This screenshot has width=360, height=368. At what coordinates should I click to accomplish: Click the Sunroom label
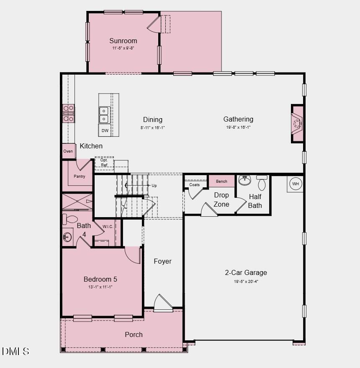click(x=123, y=41)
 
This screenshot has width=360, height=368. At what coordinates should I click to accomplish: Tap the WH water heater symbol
click(x=296, y=184)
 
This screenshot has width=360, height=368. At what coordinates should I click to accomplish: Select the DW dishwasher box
click(x=105, y=130)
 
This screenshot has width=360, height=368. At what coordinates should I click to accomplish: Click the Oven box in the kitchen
click(x=68, y=151)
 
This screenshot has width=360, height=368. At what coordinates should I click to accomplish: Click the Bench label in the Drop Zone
click(x=221, y=181)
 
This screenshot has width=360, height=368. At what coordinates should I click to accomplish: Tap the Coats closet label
click(x=195, y=185)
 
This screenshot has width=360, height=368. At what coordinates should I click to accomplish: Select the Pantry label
click(x=80, y=176)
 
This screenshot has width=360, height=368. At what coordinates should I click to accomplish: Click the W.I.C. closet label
click(x=108, y=227)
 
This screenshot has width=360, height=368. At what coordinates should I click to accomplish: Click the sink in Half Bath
click(x=245, y=181)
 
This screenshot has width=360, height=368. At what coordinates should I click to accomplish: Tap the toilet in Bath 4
click(x=70, y=219)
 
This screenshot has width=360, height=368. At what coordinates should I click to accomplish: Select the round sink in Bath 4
click(x=67, y=238)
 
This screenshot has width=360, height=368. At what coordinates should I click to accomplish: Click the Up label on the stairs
click(x=154, y=185)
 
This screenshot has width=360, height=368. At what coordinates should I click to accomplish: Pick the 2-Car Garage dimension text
click(x=246, y=282)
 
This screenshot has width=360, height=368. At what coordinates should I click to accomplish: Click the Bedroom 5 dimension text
click(x=100, y=287)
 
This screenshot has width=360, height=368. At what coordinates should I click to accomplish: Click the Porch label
click(x=134, y=334)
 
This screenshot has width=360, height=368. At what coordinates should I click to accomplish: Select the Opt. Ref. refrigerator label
click(x=104, y=163)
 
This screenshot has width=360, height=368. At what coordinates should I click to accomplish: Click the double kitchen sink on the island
click(x=104, y=115)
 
